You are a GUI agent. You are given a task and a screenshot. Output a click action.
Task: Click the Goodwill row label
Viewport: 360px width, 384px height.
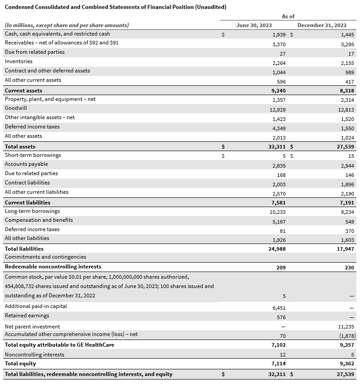[15, 108]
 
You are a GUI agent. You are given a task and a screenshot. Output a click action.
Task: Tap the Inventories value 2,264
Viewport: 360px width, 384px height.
[279, 63]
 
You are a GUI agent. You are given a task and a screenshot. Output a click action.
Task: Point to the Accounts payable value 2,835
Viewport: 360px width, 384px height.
[279, 166]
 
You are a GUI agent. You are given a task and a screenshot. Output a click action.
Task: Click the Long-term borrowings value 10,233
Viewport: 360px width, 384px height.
[277, 212]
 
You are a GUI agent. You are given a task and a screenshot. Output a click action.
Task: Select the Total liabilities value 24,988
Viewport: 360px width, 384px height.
[277, 249]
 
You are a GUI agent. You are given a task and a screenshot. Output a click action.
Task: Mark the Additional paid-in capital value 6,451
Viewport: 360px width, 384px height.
[279, 308]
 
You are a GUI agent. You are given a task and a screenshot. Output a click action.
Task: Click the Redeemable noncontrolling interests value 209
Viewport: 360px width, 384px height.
[281, 268]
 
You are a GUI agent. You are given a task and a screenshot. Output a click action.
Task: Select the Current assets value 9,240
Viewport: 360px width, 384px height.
[279, 91]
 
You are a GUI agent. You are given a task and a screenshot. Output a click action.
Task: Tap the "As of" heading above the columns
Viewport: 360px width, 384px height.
[288, 16]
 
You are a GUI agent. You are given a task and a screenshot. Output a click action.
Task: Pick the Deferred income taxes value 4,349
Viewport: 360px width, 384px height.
[279, 128]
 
